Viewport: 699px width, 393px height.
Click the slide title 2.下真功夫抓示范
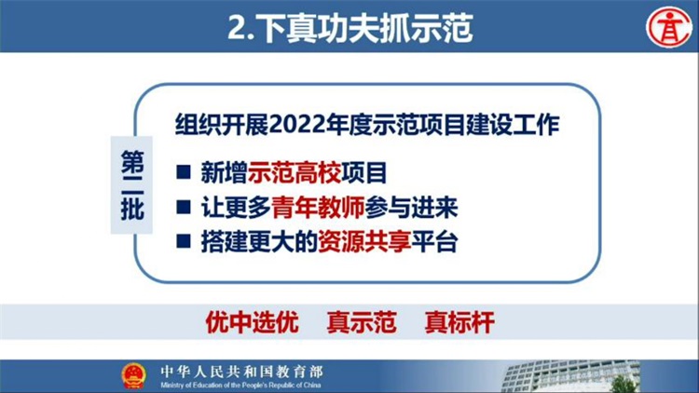click(x=349, y=28)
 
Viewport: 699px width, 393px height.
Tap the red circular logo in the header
click(x=668, y=28)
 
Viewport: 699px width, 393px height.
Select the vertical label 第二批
click(x=132, y=185)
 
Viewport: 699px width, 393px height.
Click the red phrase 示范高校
click(x=295, y=172)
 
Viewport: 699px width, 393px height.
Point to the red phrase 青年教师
click(x=318, y=207)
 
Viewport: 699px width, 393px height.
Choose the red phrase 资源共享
click(x=364, y=242)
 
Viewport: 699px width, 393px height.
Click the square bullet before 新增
click(x=184, y=171)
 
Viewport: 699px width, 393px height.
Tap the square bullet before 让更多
click(x=184, y=207)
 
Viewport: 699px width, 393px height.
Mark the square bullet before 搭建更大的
click(x=184, y=241)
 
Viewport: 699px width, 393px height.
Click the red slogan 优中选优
click(x=252, y=322)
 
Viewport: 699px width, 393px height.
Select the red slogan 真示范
click(x=362, y=322)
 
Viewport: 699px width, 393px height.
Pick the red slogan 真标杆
click(x=459, y=322)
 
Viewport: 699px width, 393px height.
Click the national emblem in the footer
click(x=133, y=375)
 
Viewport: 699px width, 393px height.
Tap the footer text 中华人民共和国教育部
click(x=241, y=372)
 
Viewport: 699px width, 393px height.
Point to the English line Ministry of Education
click(x=240, y=385)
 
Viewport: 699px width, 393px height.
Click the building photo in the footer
click(x=570, y=376)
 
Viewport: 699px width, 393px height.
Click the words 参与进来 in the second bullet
click(x=411, y=207)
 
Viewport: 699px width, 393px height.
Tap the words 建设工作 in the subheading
click(x=513, y=125)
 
